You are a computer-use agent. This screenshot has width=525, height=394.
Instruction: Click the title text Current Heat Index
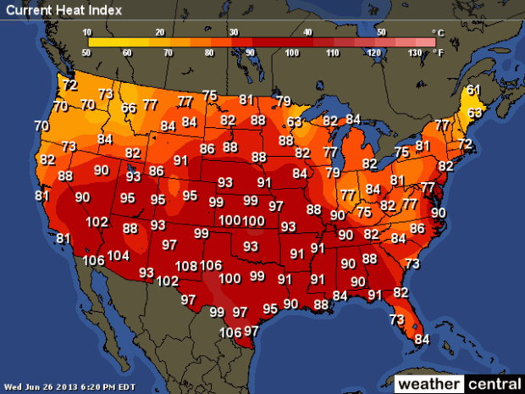[63, 10]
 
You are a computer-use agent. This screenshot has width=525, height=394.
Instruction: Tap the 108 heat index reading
[186, 266]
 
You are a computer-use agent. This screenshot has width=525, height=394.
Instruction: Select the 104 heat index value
[119, 256]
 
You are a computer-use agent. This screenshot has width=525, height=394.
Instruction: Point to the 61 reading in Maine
[473, 90]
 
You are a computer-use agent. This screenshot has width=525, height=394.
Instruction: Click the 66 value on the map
[129, 108]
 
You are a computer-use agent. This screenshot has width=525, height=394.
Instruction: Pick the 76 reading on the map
[363, 212]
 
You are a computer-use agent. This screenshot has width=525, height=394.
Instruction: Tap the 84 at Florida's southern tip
[422, 340]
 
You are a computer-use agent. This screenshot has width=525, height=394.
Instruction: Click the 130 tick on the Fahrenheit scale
[415, 53]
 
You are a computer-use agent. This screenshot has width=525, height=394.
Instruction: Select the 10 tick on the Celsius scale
[87, 31]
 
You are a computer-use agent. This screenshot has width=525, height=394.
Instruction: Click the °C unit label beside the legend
[438, 33]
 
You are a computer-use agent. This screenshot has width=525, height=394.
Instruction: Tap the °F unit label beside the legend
[438, 52]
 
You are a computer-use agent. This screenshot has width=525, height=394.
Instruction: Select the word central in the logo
[494, 384]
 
